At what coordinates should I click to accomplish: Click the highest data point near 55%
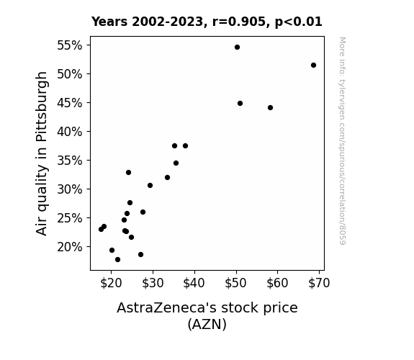coord(237,48)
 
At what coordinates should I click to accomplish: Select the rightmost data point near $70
coord(313,66)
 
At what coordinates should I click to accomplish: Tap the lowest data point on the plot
coord(118,260)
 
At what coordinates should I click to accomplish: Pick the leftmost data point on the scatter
coord(101,229)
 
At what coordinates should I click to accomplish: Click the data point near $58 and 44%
coord(270,108)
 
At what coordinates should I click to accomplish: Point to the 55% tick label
coord(70,45)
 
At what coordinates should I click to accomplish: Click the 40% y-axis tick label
coord(70,132)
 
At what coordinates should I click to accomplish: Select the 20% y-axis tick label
coord(70,247)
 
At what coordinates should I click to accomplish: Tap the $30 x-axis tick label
coord(153,283)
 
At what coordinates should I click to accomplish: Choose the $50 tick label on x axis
coord(235,283)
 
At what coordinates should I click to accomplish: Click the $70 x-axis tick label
coord(319,283)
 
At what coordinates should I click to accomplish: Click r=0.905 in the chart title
coord(239,22)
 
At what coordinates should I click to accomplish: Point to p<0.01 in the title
coord(299,22)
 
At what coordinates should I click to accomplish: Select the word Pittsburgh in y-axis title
coord(41,107)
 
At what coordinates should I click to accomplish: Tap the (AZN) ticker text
coord(207,324)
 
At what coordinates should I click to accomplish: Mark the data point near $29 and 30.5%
coord(150,186)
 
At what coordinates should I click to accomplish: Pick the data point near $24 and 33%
coord(129,173)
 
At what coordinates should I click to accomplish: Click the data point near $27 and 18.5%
coord(140,255)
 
